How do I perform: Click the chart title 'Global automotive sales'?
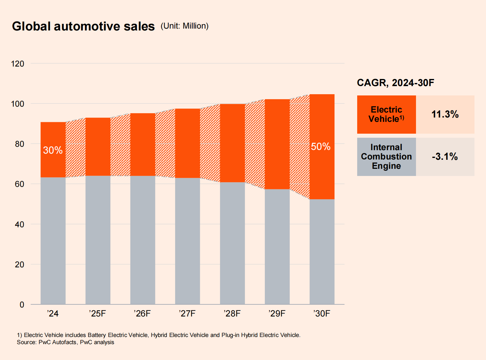click(x=83, y=26)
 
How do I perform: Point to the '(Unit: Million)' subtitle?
click(x=185, y=26)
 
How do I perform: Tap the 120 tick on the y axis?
click(x=17, y=64)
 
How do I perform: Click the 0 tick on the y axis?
click(x=22, y=305)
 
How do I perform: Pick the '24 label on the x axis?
click(x=53, y=313)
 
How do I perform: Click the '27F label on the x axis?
click(x=187, y=313)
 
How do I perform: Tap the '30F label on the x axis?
click(x=322, y=313)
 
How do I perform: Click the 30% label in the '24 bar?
click(x=53, y=150)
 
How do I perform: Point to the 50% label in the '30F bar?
click(x=321, y=147)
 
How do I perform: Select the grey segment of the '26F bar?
click(x=143, y=239)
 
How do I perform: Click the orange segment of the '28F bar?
click(x=232, y=143)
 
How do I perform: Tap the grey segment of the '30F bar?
click(x=322, y=252)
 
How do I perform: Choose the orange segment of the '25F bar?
click(x=98, y=147)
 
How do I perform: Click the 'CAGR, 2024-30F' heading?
click(x=395, y=83)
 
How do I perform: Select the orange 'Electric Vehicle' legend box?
click(x=386, y=114)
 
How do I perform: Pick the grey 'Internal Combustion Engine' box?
click(x=386, y=157)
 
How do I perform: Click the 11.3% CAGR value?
click(x=445, y=114)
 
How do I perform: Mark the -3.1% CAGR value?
click(x=445, y=157)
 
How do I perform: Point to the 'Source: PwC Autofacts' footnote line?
click(x=66, y=342)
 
